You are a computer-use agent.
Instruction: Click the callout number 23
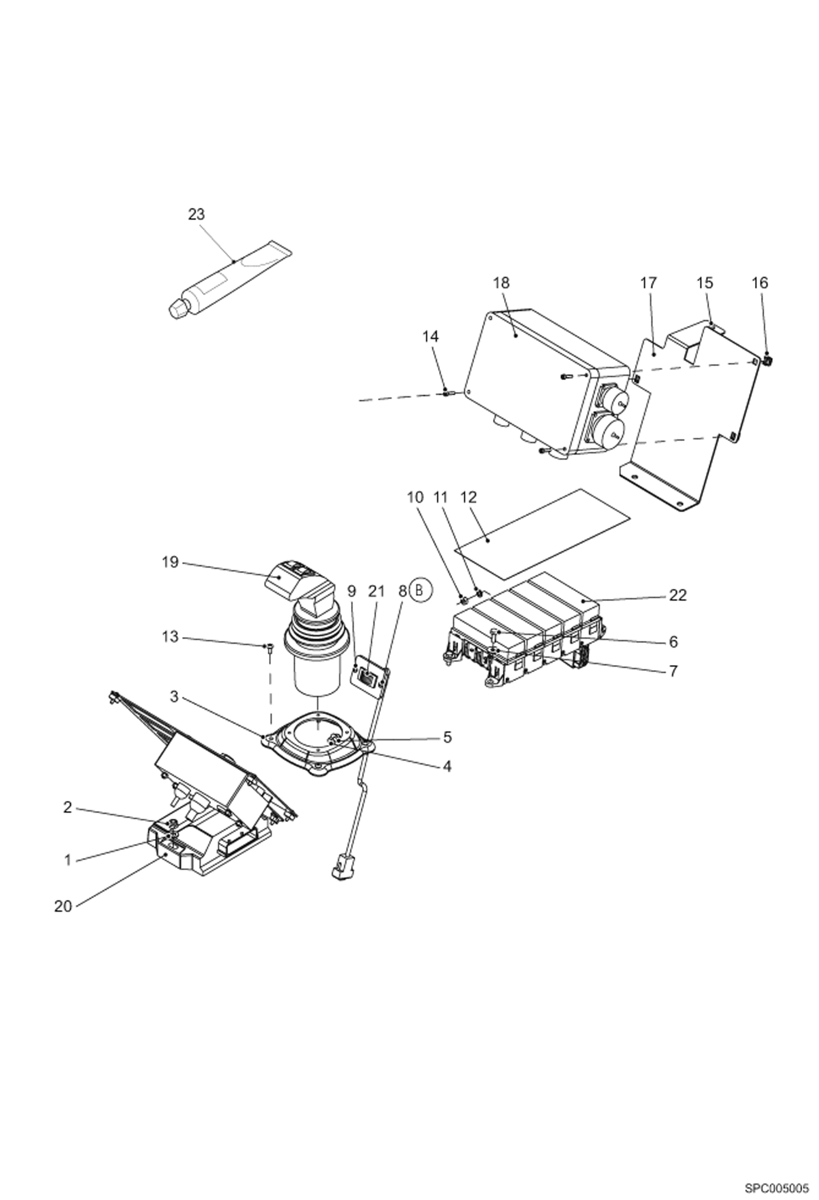pyautogui.click(x=196, y=214)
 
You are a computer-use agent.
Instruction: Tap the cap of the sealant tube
pyautogui.click(x=178, y=309)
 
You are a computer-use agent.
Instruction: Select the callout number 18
pyautogui.click(x=500, y=283)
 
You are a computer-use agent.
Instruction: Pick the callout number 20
pyautogui.click(x=63, y=906)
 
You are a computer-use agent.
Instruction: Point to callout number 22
pyautogui.click(x=677, y=595)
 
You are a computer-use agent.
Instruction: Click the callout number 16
pyautogui.click(x=759, y=283)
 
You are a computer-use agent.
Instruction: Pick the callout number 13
pyautogui.click(x=170, y=637)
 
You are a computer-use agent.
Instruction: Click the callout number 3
pyautogui.click(x=174, y=697)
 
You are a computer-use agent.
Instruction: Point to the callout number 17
pyautogui.click(x=648, y=283)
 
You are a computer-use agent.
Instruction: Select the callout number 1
pyautogui.click(x=67, y=860)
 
